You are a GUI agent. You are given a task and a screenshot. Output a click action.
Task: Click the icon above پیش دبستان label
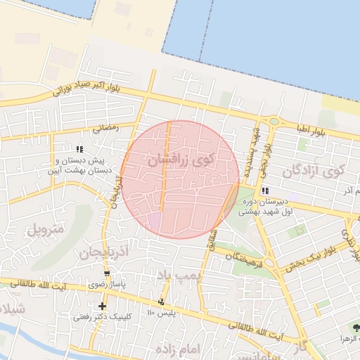click(79, 149)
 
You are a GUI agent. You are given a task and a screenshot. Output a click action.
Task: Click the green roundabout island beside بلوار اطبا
click(274, 121)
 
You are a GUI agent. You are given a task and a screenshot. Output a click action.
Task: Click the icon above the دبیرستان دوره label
click(265, 191)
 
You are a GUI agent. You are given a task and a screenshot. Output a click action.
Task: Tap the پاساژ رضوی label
click(107, 285)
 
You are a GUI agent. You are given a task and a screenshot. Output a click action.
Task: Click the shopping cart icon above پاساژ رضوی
click(107, 274)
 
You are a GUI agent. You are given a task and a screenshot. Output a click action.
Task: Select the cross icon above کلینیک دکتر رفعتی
click(103, 306)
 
